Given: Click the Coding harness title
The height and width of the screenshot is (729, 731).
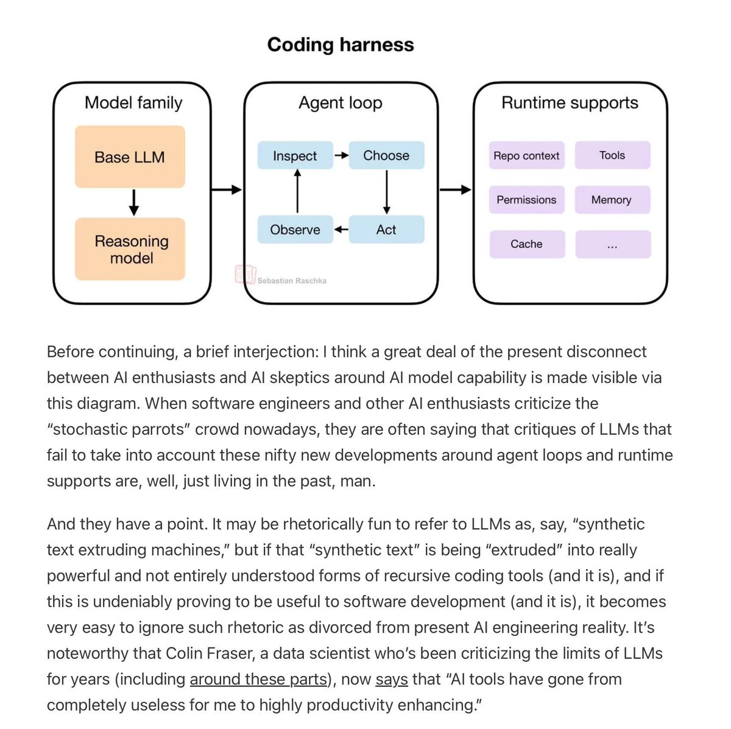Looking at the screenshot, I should pos(341,44).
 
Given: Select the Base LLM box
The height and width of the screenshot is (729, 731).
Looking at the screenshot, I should pos(130,157).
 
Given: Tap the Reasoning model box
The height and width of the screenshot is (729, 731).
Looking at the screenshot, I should pos(131,249).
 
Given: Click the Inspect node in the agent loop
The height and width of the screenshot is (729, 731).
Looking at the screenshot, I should pos(295,156).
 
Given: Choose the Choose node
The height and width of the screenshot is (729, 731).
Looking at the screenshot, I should pos(386,155).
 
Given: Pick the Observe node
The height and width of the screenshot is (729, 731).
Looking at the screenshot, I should pos(295,230).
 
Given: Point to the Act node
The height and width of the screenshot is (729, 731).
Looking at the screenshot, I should pos(386,230).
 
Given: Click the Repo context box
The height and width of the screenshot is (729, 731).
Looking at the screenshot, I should pos(526,155).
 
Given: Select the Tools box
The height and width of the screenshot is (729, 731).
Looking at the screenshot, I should pos(612,155).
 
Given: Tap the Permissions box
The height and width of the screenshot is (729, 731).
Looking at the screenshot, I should pos(526,200).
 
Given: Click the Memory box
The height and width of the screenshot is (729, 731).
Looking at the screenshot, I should pos(612,200).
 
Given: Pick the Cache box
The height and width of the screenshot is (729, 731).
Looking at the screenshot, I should pos(526,244).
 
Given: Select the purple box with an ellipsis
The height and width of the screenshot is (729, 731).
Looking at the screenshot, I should pos(612,244).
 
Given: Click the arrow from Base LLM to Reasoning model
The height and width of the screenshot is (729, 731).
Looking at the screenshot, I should pos(134,202).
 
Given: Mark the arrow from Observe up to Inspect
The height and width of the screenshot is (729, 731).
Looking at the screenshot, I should pos(297,191).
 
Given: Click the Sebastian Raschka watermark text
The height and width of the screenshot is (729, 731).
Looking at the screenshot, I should pos(292,281).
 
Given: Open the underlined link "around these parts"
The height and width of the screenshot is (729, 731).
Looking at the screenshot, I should pos(258,679).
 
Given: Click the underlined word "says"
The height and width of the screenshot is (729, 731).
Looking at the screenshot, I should pos(392,679).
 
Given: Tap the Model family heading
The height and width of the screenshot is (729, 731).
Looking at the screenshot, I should pos(133,102).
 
